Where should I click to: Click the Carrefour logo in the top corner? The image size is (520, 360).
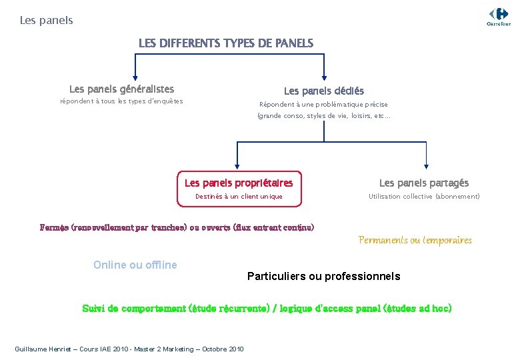coord(498,15)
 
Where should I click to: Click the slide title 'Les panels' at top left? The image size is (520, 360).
coord(46,21)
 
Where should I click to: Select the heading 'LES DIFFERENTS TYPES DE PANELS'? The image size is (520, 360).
coord(225,43)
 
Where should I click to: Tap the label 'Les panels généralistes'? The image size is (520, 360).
coord(121,89)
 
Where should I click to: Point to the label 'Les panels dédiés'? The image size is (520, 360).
coord(324,91)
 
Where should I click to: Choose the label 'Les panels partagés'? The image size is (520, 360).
coord(424,183)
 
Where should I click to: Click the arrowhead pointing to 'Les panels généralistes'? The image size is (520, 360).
coord(136,77)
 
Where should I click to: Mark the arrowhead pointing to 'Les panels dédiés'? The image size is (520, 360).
coord(324,77)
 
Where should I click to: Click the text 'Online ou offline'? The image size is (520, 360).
coord(135,265)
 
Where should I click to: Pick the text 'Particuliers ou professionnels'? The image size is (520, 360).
coord(323,276)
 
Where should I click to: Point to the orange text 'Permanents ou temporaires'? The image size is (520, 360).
coord(415,240)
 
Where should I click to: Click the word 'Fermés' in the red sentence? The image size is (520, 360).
coord(54,227)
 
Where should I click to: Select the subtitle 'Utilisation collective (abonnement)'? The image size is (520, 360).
coord(424,197)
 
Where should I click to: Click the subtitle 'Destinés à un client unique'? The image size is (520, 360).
coord(239,197)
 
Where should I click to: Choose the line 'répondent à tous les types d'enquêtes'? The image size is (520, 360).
coord(121,101)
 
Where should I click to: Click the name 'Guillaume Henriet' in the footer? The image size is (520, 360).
coord(39,349)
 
